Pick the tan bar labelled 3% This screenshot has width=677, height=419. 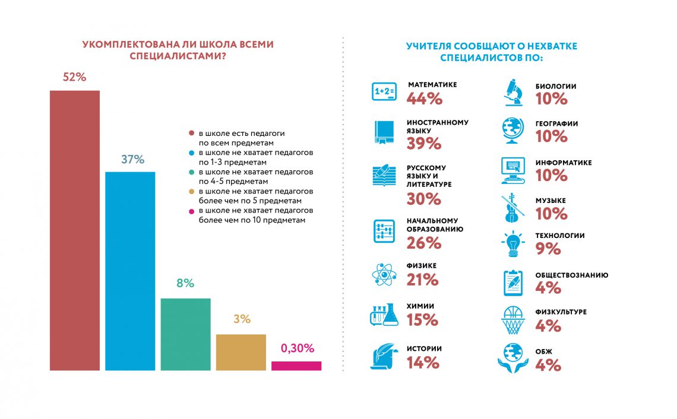point(241,353)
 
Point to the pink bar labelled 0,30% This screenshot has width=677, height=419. point(296,366)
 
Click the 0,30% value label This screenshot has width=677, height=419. point(297,348)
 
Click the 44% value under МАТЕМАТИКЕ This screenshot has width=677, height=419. point(425,99)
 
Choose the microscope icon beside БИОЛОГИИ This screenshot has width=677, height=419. point(513,91)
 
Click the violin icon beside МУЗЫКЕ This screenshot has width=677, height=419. point(512,208)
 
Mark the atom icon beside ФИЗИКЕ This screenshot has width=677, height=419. point(384,274)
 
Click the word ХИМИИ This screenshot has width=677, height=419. point(420,306)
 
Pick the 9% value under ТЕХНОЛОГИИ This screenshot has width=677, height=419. point(548,249)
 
